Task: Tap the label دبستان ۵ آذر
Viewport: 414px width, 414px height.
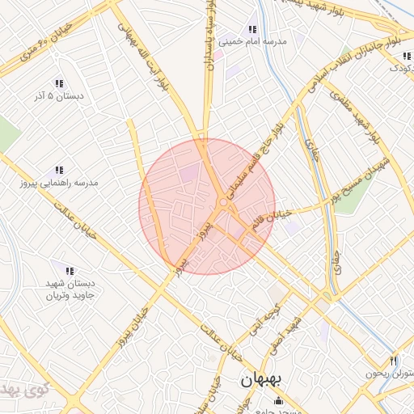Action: point(71,96)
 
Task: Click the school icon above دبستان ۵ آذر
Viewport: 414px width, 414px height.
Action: point(59,83)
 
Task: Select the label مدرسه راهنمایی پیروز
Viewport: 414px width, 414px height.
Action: point(59,184)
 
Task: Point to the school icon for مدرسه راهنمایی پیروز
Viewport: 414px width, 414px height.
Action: point(59,171)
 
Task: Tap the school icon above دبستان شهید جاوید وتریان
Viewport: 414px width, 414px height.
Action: point(70,271)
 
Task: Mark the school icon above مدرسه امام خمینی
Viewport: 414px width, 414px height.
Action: point(253,30)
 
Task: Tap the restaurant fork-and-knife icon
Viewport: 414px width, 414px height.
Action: point(393,361)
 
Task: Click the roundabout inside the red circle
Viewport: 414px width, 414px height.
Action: point(222,202)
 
